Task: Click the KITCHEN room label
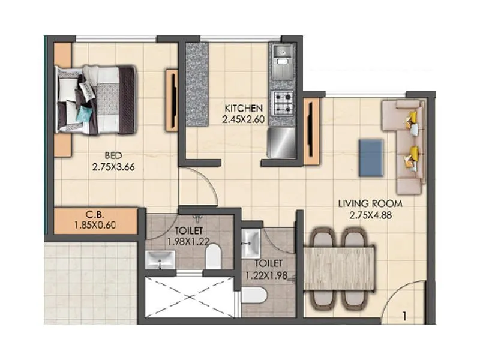coord(243,108)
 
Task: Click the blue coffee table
coord(371,158)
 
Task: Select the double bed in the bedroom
coord(96,99)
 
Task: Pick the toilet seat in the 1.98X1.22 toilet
coord(213,257)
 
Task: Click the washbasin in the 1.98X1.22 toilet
coord(160,259)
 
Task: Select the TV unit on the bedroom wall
coord(172,100)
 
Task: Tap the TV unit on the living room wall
coord(311,131)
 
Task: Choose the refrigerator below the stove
coord(281,142)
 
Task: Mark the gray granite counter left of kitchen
coord(196,84)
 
